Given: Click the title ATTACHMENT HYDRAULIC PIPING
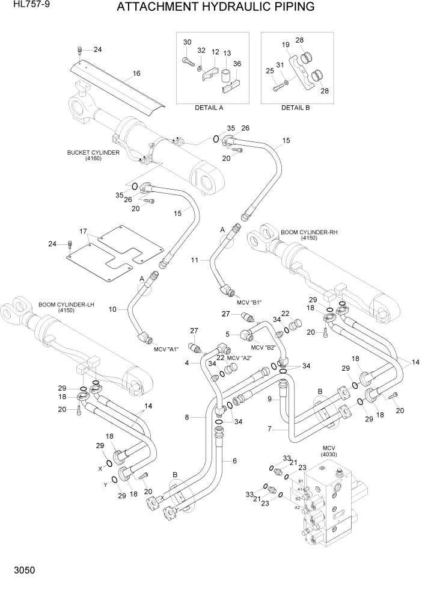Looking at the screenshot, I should point(215,8).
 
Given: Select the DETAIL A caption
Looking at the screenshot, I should point(209,108).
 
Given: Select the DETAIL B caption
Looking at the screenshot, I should point(295,108).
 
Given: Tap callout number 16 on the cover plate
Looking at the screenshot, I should point(136,73).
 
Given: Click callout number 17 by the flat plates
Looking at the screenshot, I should point(84,231).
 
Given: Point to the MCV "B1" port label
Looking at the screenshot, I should point(249,302).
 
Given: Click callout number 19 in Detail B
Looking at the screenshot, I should point(286,45).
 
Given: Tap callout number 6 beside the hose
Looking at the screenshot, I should point(234,460).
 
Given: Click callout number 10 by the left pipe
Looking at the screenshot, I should point(112,309).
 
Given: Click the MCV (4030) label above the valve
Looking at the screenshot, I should point(328,451).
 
